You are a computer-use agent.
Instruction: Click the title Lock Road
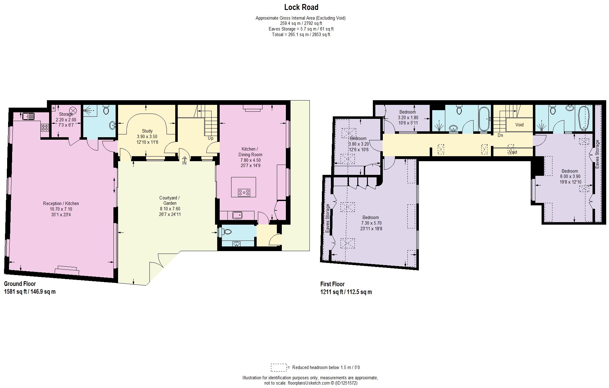[x=301, y=7]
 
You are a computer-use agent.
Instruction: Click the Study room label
[x=147, y=131]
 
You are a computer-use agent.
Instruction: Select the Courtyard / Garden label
[x=169, y=200]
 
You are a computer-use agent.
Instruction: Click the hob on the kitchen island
[x=244, y=193]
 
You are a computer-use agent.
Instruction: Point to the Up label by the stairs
[x=210, y=138]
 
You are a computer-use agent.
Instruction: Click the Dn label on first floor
[x=500, y=135]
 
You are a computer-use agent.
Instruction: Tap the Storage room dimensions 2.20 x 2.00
[x=66, y=120]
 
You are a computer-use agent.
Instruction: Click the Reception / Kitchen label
[x=61, y=203]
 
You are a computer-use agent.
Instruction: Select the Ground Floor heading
[x=20, y=284]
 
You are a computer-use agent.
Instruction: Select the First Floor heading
[x=332, y=284]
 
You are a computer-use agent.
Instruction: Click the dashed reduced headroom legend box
[x=278, y=367]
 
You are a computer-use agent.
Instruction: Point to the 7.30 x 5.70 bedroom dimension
[x=371, y=223]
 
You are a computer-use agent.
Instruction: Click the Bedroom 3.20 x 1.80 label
[x=408, y=112]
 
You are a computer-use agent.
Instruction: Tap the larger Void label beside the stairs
[x=519, y=125]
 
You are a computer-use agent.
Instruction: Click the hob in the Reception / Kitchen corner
[x=45, y=127]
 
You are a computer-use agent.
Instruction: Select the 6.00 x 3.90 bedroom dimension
[x=570, y=176]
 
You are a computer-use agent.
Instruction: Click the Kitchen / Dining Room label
[x=250, y=152]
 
